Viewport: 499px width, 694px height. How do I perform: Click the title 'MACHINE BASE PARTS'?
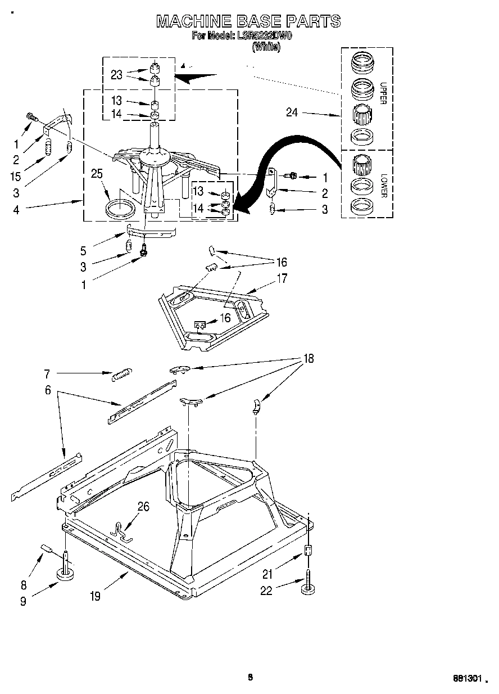[x=248, y=21]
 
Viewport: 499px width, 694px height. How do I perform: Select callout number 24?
[x=291, y=112]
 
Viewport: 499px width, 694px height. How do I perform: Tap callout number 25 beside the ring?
[x=97, y=174]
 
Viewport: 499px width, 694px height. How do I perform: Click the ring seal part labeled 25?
[x=121, y=208]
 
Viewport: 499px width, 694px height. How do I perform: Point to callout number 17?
[x=282, y=278]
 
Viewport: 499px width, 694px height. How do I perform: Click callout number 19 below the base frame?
[x=95, y=596]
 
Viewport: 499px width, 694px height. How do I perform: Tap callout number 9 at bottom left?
[x=23, y=601]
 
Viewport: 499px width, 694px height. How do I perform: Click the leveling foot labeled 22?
[x=308, y=585]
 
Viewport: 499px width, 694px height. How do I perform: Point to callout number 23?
[x=116, y=75]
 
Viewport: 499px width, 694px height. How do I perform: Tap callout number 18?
[x=309, y=358]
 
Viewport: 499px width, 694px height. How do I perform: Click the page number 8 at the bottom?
[x=251, y=677]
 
